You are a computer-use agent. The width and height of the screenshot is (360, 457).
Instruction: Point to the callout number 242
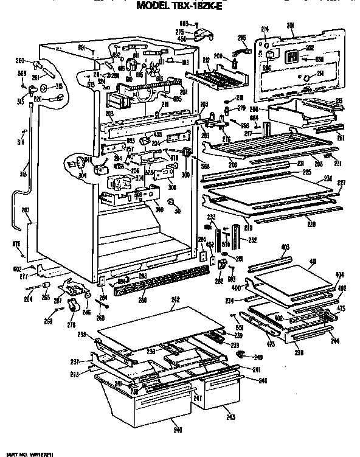(x=175, y=299)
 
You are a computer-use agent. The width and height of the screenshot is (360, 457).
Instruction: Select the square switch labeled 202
(x=292, y=58)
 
